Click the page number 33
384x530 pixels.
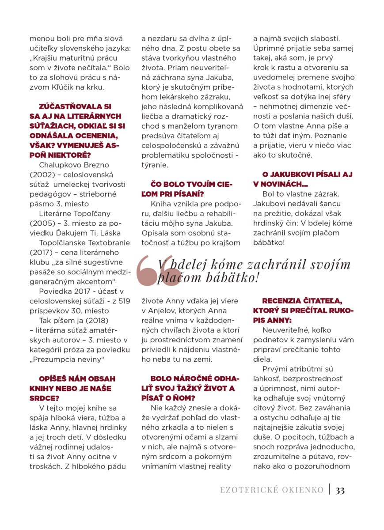pos(340,490)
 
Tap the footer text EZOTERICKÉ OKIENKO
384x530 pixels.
pos(272,490)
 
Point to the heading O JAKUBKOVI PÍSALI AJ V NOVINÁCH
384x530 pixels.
pos(303,179)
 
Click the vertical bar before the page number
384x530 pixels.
pos(330,490)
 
